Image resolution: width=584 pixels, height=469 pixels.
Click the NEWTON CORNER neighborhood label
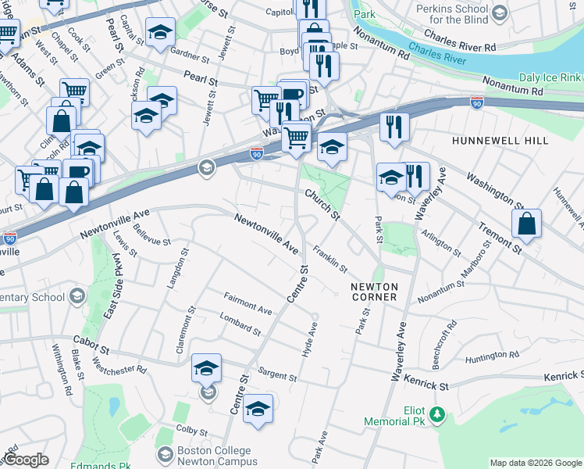point(374,292)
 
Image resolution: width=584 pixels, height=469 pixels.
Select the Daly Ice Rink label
point(550,78)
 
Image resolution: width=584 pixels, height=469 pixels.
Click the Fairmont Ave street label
point(247,304)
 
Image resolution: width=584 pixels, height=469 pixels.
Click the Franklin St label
point(330,259)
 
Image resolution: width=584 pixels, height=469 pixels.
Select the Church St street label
point(322,204)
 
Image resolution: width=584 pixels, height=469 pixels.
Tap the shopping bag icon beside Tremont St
point(527,223)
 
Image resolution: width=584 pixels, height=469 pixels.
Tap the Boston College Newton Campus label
point(214,456)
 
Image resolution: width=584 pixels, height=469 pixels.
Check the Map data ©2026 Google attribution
point(536,463)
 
